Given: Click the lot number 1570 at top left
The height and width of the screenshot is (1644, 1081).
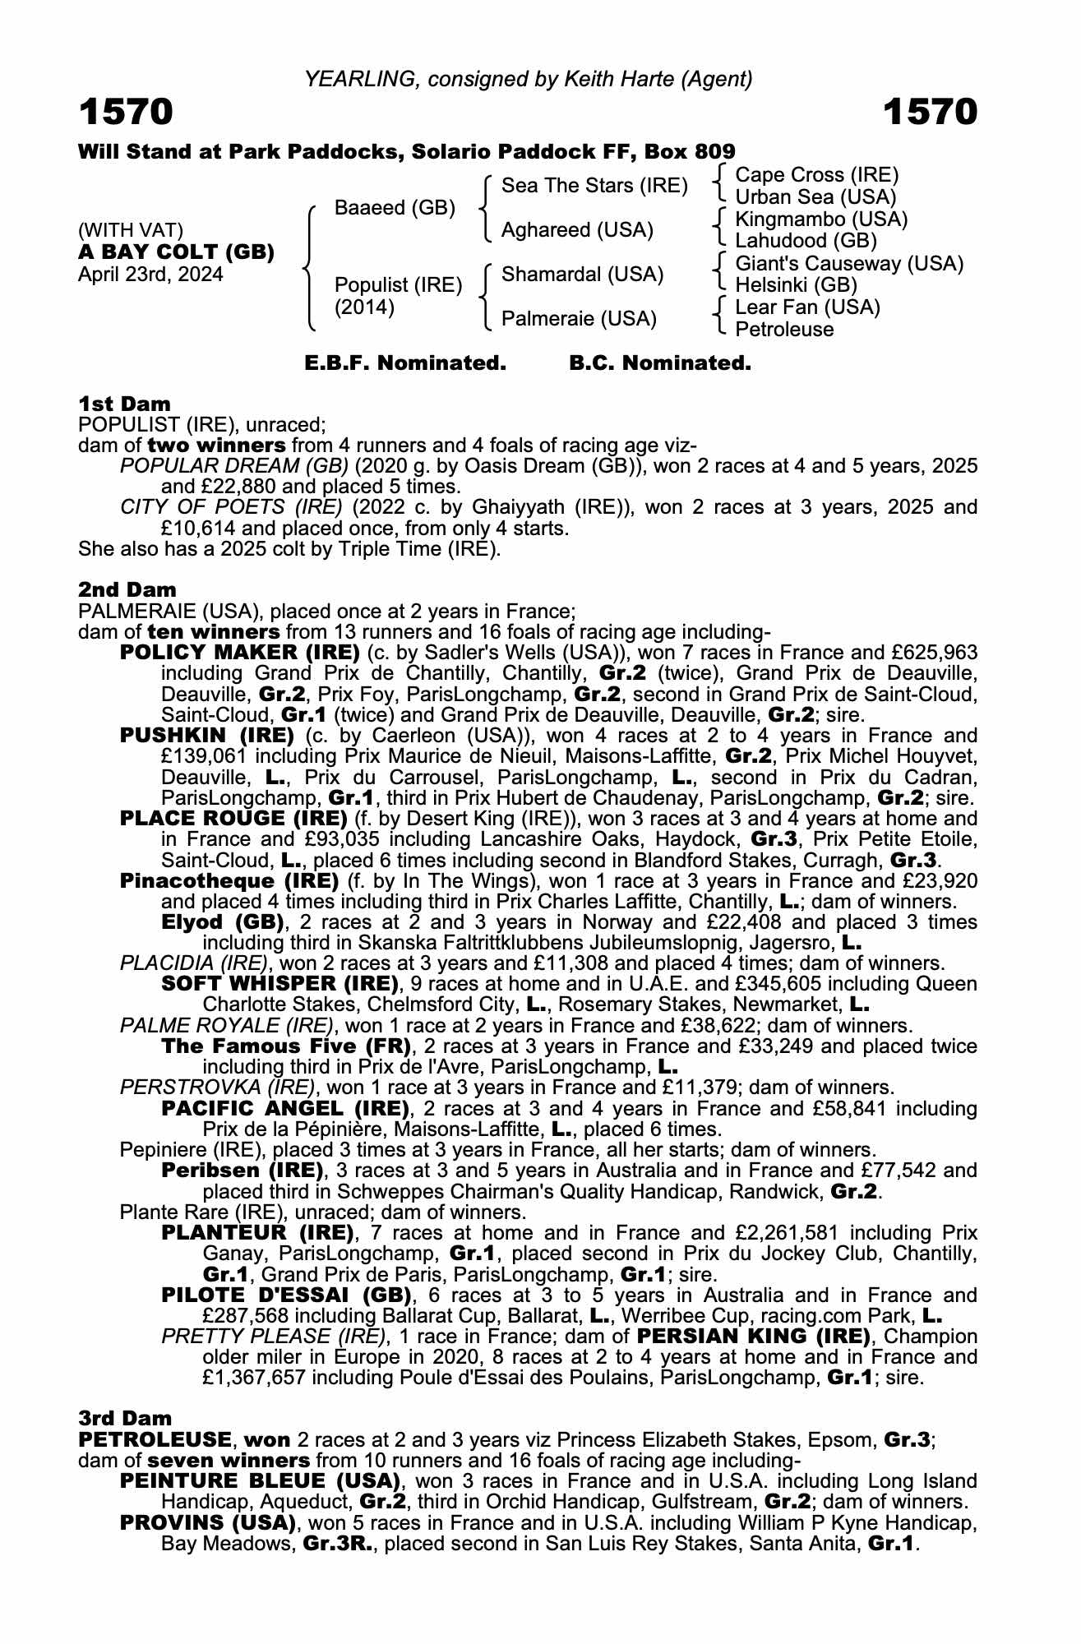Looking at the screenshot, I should click(x=126, y=113).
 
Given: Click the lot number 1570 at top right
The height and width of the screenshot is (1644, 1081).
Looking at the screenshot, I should click(x=930, y=113).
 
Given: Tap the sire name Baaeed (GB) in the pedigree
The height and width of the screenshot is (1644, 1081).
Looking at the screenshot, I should click(x=395, y=208).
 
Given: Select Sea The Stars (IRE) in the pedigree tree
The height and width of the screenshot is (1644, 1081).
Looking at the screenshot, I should click(x=594, y=186).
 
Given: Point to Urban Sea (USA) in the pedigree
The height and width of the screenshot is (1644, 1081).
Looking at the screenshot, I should click(x=815, y=197).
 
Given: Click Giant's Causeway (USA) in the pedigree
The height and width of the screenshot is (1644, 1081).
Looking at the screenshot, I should click(x=849, y=264).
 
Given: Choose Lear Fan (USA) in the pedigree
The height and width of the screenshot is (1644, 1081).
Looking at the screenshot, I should click(x=807, y=307).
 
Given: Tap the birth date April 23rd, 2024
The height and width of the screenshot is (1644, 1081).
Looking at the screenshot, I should click(x=150, y=274).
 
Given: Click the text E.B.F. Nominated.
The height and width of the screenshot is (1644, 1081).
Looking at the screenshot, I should click(x=405, y=363).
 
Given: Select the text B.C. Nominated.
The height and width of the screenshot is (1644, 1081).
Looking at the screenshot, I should click(x=660, y=363).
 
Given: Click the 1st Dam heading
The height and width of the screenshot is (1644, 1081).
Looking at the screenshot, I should click(x=125, y=404).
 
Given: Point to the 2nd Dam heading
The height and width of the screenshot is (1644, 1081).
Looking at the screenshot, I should click(x=127, y=589).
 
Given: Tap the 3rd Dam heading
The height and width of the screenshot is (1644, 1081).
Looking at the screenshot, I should click(x=126, y=1418).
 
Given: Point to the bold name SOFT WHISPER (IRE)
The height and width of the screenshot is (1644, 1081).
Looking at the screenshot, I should click(x=279, y=984).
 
